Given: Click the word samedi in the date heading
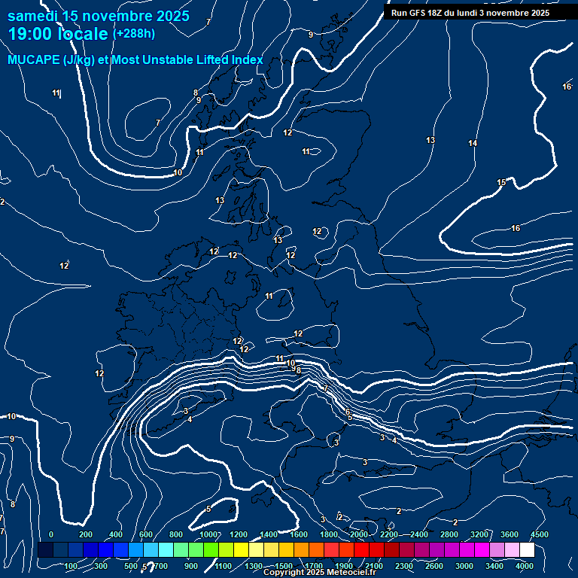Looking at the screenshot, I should click(32, 16).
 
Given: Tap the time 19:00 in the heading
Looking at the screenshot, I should click(33, 34).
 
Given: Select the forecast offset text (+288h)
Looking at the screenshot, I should click(134, 34).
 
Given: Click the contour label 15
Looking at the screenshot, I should click(501, 183).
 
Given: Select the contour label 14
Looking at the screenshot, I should click(473, 143).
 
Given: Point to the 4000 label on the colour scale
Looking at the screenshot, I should click(525, 566).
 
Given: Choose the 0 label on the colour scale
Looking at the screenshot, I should click(51, 534).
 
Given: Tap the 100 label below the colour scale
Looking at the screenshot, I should click(71, 566).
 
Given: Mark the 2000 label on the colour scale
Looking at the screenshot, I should click(359, 534).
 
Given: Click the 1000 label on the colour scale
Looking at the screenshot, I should click(208, 534).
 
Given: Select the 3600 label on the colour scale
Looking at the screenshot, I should click(510, 534).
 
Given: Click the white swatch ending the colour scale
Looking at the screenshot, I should click(527, 550).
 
